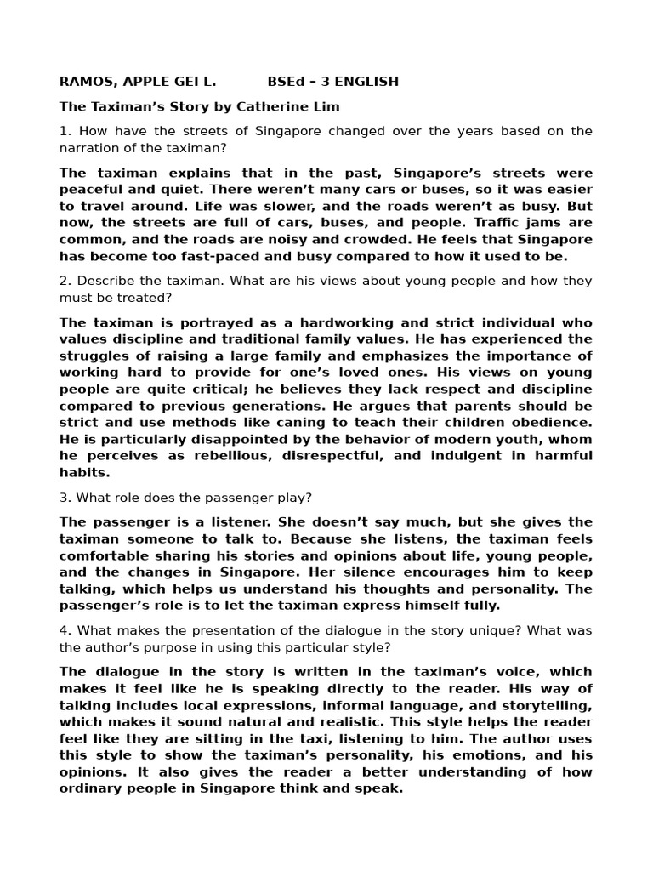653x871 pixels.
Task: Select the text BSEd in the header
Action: click(x=285, y=82)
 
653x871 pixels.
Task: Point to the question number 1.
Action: click(x=63, y=131)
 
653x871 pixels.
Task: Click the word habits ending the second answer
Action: click(x=83, y=473)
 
